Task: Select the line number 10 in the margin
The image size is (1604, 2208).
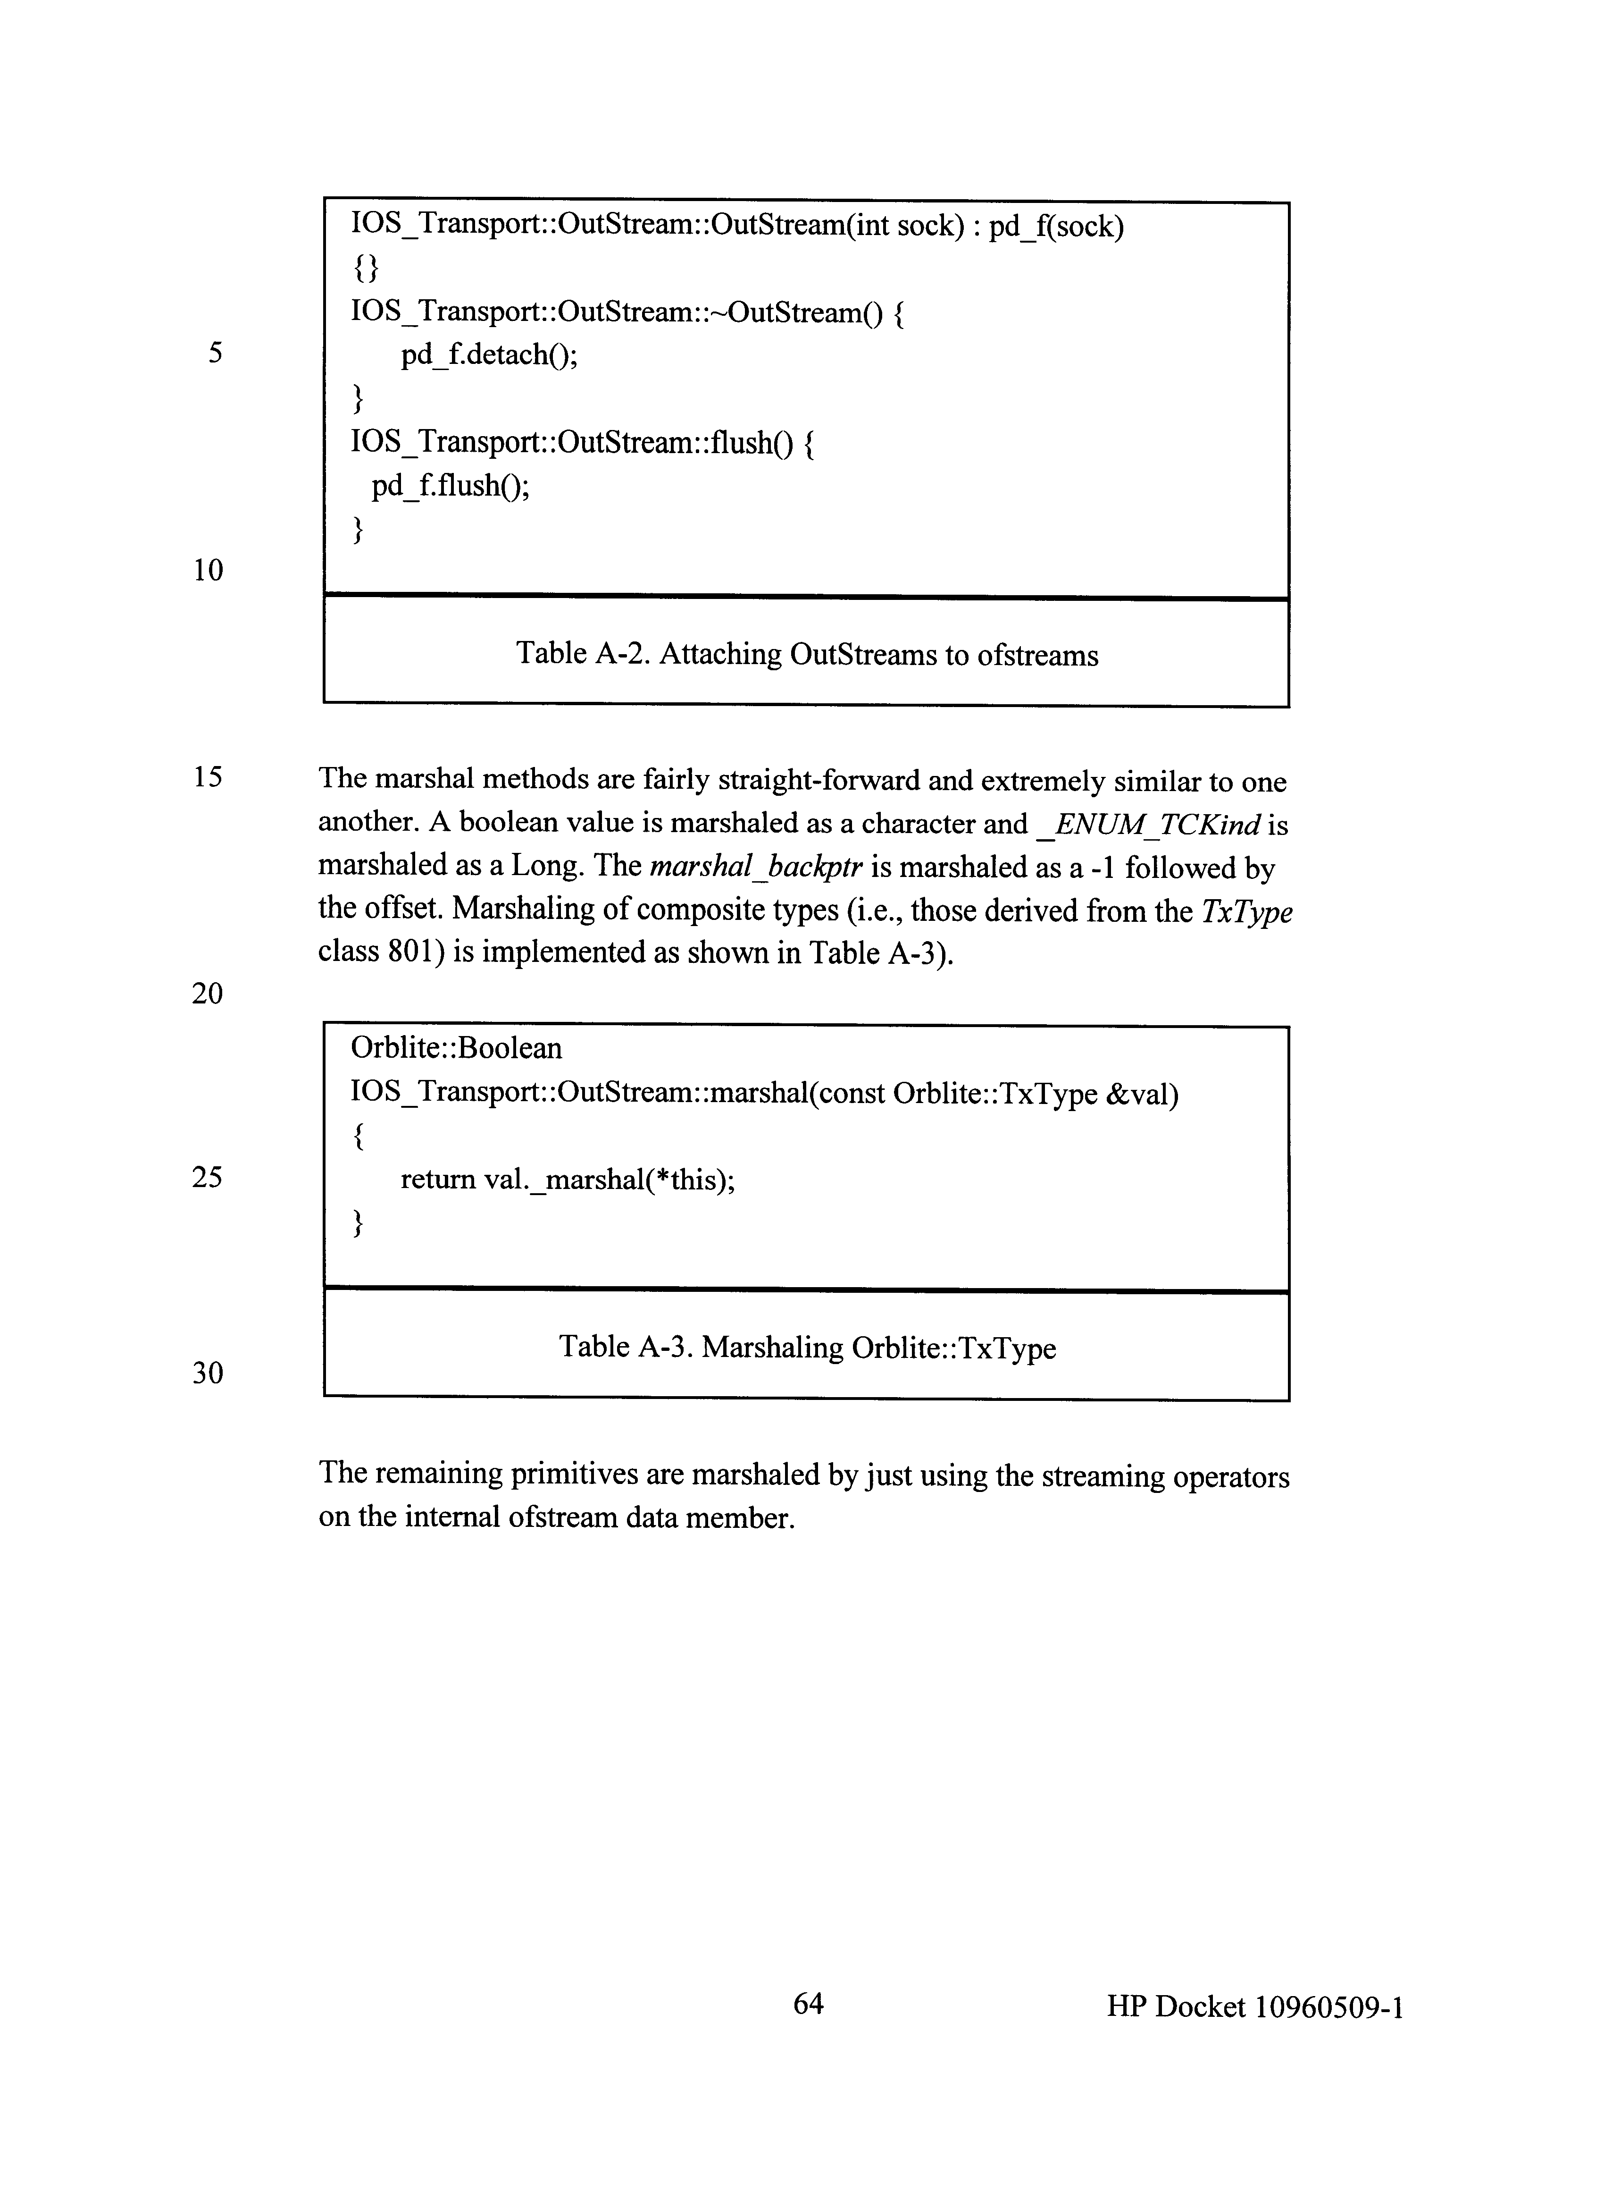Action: point(207,570)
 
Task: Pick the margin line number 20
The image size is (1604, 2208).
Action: point(207,993)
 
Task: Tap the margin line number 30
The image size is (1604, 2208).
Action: point(207,1373)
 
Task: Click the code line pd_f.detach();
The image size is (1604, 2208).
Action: point(489,354)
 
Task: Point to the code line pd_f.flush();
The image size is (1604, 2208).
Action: point(451,485)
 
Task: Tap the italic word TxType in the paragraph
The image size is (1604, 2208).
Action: point(1247,911)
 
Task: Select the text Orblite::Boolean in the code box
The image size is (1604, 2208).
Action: point(457,1048)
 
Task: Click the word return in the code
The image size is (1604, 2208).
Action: point(438,1180)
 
